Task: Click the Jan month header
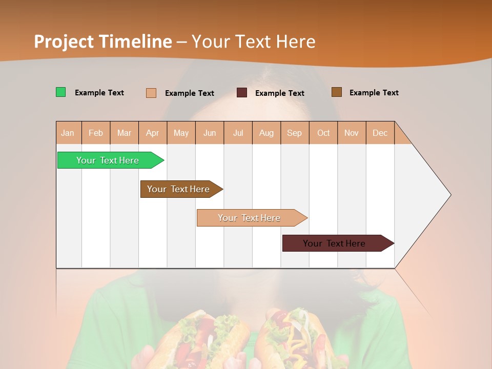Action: point(68,133)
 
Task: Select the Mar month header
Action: point(124,133)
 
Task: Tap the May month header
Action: point(181,133)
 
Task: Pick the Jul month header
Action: point(238,133)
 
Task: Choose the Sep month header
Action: point(294,133)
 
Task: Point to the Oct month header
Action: point(323,133)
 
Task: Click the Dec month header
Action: point(380,133)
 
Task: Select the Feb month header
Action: point(96,133)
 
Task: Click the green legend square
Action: point(61,92)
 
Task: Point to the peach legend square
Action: point(151,93)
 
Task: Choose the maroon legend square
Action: point(242,93)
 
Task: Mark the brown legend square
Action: point(337,92)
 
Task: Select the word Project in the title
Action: point(64,41)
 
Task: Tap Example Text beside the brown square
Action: point(374,92)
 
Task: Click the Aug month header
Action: point(266,133)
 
